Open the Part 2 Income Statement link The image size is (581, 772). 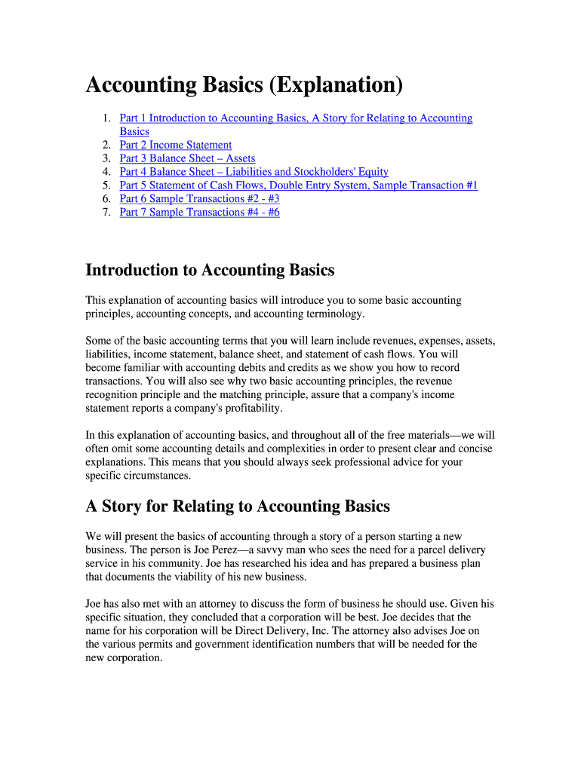point(175,145)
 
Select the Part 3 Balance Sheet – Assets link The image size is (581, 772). point(187,158)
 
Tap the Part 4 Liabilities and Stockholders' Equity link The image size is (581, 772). point(254,172)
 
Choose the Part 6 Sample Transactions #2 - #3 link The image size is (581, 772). point(199,199)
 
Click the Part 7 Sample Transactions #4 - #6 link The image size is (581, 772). point(199,213)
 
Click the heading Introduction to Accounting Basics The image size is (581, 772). point(210,270)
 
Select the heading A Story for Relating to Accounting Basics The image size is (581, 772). point(238,506)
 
